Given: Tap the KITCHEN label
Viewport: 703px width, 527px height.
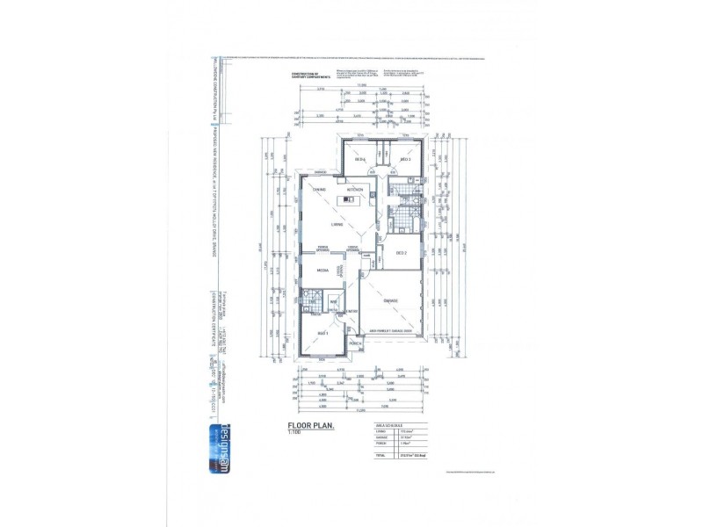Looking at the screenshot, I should point(354,190).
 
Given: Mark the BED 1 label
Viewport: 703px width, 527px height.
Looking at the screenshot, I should point(323,335).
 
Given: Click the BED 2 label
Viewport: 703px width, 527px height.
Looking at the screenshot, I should point(402,253).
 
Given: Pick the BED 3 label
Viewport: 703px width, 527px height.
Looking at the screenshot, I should point(406,159).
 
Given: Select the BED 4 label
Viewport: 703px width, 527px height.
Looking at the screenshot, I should point(360,159).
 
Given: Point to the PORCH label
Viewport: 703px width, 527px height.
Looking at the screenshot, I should point(356,343).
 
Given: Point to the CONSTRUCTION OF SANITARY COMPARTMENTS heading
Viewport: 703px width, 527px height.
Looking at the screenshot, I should point(309,76).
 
